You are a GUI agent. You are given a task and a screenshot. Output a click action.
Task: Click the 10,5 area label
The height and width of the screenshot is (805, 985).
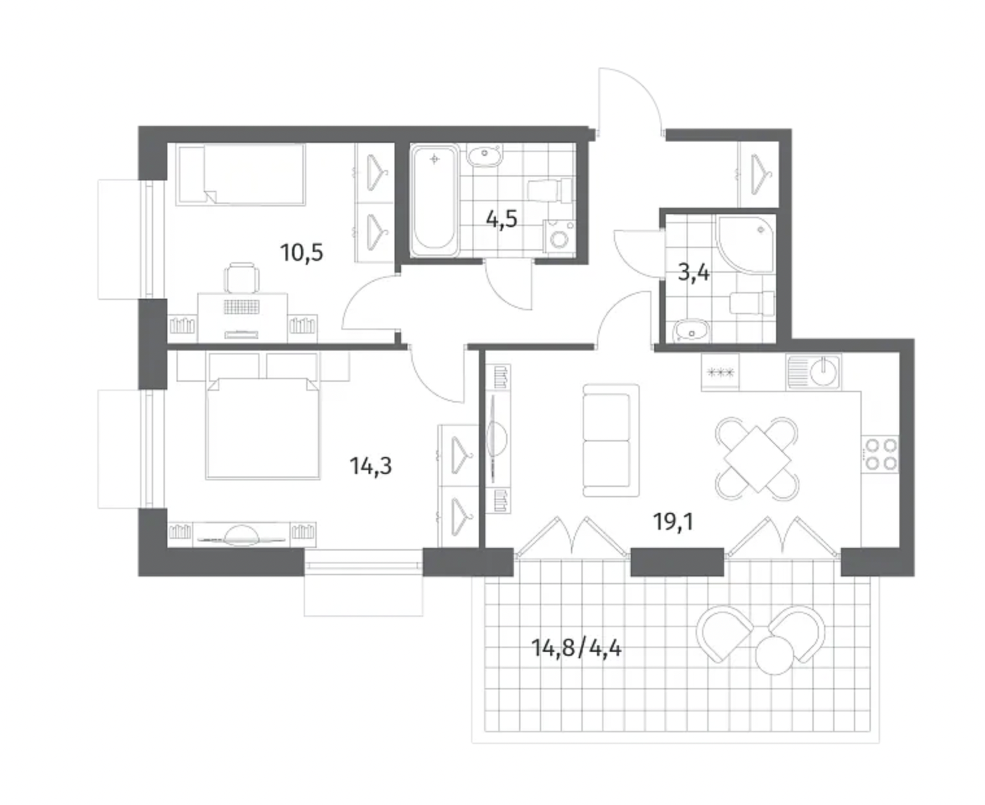point(302,253)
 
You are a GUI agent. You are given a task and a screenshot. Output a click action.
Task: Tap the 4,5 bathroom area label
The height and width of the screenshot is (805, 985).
point(502,219)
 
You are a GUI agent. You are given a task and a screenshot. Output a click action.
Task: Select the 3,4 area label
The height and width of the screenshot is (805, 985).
point(694,273)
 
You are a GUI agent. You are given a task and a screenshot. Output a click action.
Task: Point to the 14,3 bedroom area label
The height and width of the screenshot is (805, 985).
point(371,466)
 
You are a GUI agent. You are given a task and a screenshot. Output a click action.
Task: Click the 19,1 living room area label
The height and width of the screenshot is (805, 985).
point(673,521)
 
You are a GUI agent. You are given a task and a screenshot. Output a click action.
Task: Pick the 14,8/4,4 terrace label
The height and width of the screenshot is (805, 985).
point(576,649)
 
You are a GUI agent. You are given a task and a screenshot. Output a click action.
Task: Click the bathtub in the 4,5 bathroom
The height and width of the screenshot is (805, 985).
point(434,200)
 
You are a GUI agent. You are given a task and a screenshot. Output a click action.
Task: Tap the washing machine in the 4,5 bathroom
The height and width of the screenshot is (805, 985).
point(559,237)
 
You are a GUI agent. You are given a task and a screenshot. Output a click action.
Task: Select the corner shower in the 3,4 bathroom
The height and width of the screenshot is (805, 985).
point(744,243)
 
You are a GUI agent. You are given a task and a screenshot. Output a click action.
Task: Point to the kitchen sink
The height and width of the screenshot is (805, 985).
point(814,372)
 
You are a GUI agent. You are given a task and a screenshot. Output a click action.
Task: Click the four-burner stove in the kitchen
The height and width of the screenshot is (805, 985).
point(880,454)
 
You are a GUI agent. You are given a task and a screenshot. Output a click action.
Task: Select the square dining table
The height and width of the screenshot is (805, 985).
point(757,459)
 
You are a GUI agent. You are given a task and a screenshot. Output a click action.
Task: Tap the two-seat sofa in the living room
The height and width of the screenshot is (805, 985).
point(611,441)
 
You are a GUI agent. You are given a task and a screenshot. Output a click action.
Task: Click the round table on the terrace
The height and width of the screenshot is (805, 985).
point(774,656)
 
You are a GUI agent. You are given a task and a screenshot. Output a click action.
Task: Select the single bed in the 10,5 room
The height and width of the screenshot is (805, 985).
point(241,174)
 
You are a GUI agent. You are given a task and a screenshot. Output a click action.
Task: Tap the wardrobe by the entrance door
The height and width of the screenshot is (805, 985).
point(758,174)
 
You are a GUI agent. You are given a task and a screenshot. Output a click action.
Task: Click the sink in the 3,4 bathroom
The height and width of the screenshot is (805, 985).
point(691,331)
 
